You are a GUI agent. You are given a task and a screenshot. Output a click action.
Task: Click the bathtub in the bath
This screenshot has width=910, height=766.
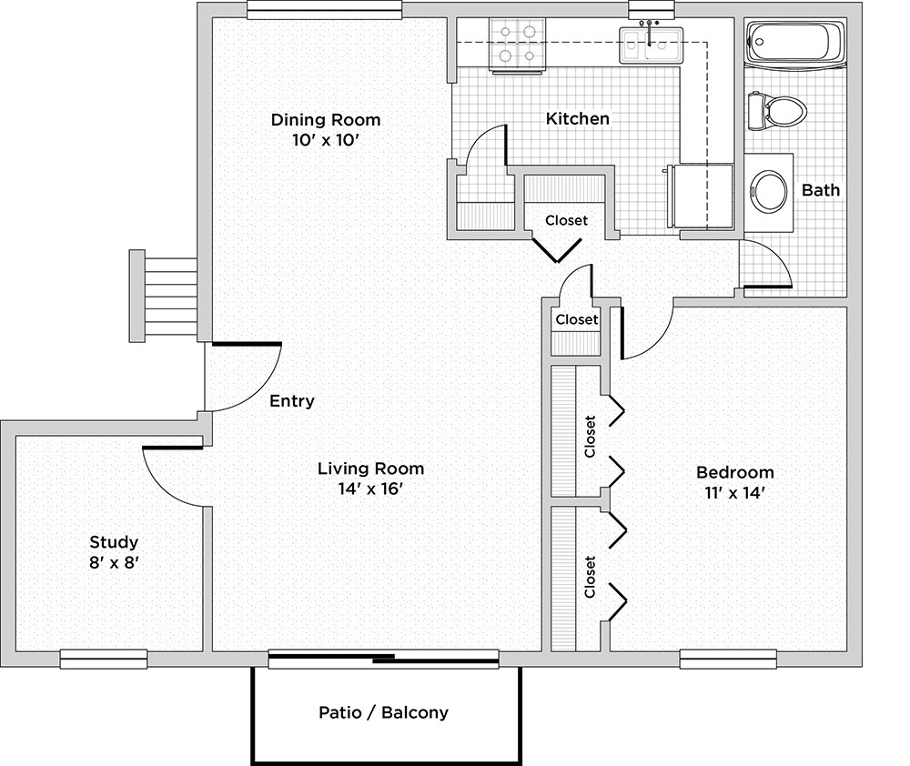pyautogui.click(x=795, y=42)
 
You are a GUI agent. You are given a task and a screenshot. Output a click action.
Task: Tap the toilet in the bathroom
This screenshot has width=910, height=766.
pyautogui.click(x=777, y=110)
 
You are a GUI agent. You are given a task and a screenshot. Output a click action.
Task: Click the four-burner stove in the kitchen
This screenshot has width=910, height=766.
pyautogui.click(x=518, y=45)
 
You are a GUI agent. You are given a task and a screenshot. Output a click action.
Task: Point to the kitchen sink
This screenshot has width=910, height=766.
pyautogui.click(x=651, y=45)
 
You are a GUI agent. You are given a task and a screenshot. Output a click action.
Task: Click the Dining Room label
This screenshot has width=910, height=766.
pyautogui.click(x=326, y=119)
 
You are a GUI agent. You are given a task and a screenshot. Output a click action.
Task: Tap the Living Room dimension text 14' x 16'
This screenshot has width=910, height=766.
pyautogui.click(x=370, y=489)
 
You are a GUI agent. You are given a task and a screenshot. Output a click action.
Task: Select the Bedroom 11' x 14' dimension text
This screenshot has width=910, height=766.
pyautogui.click(x=734, y=493)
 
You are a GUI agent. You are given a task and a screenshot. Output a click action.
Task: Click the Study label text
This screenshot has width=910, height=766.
pyautogui.click(x=114, y=542)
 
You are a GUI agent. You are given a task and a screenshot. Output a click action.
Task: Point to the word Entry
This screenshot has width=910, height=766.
pyautogui.click(x=292, y=400)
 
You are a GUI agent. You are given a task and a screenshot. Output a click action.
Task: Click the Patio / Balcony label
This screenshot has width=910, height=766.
pyautogui.click(x=384, y=712)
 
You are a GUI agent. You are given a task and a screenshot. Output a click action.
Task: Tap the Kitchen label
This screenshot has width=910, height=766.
pyautogui.click(x=578, y=118)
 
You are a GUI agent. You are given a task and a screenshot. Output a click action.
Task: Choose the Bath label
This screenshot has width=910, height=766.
pyautogui.click(x=821, y=190)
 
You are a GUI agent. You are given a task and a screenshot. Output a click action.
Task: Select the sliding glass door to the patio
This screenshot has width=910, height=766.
pyautogui.click(x=384, y=659)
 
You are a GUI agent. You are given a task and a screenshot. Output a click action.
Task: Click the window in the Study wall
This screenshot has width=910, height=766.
pyautogui.click(x=104, y=659)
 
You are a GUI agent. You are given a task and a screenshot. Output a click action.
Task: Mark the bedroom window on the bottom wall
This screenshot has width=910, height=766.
pyautogui.click(x=728, y=659)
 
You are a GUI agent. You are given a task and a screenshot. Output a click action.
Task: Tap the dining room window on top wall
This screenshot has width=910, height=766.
pyautogui.click(x=325, y=10)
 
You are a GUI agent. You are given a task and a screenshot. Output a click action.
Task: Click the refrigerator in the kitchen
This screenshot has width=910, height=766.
pyautogui.click(x=701, y=197)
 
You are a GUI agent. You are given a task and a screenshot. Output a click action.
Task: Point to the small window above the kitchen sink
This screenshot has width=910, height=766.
pyautogui.click(x=652, y=10)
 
